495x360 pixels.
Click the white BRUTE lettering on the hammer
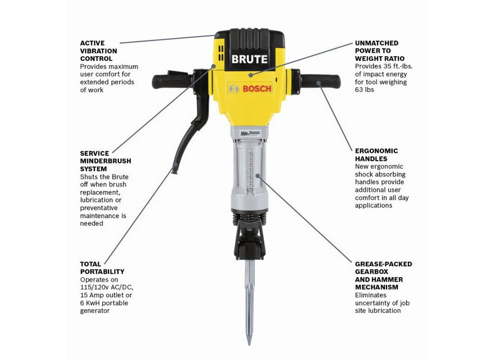pos(249,59)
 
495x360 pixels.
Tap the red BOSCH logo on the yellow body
pos(256,89)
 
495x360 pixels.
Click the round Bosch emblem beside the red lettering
pos(234,89)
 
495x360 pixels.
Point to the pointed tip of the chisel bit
pos(249,344)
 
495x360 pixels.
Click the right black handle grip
pos(320,81)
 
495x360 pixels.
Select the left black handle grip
pos(172,81)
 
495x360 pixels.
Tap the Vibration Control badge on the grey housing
pos(250,133)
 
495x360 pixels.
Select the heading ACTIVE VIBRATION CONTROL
pos(99,51)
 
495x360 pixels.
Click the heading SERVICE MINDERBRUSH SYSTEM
pos(105,161)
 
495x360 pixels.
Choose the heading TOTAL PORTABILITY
pos(102,268)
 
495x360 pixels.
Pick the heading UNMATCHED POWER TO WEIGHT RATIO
pos(380,51)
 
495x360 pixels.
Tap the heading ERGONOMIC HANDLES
pos(376,155)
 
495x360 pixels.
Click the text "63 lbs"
pos(364,90)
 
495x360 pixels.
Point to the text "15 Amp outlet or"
pos(106,295)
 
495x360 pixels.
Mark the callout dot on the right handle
pos(319,83)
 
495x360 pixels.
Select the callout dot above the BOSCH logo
pos(250,75)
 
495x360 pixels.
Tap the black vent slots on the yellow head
pos(221,53)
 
